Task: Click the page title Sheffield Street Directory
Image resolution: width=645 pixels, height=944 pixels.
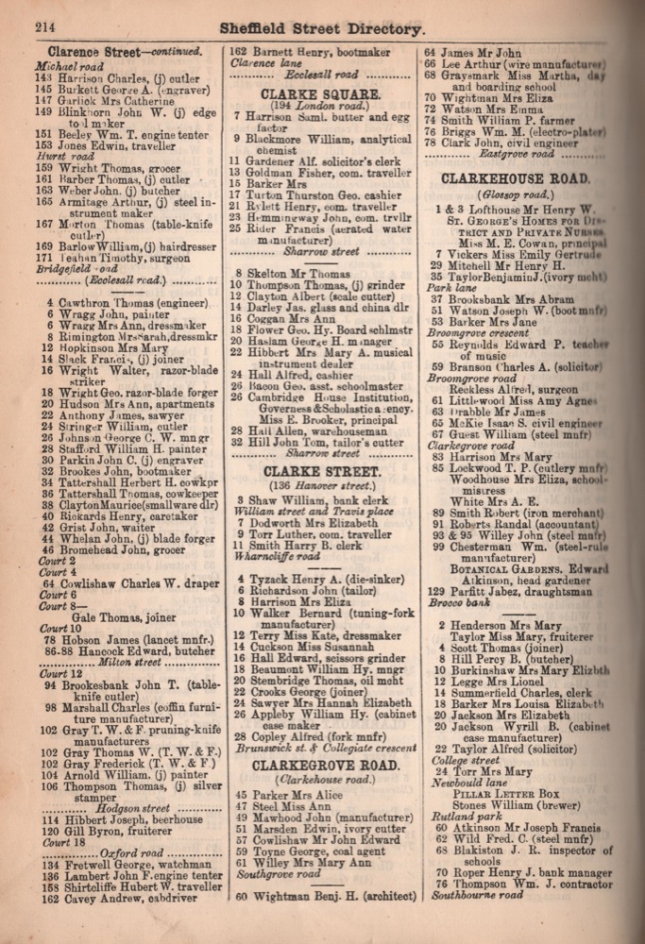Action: [321, 29]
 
